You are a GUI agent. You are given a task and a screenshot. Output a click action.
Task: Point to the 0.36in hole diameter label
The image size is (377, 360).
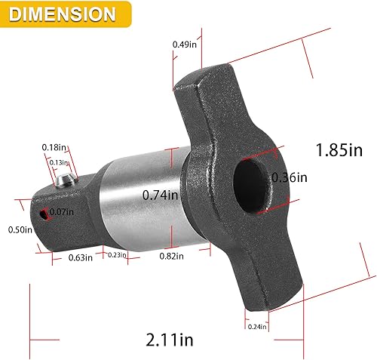(290, 178)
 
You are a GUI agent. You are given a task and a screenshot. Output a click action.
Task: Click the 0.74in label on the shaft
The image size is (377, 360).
(160, 195)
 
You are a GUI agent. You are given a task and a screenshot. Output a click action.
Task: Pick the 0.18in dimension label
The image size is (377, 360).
(51, 147)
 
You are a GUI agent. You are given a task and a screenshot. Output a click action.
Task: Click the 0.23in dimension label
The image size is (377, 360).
(117, 255)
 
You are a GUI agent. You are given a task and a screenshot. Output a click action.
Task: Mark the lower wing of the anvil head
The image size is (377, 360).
(275, 279)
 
